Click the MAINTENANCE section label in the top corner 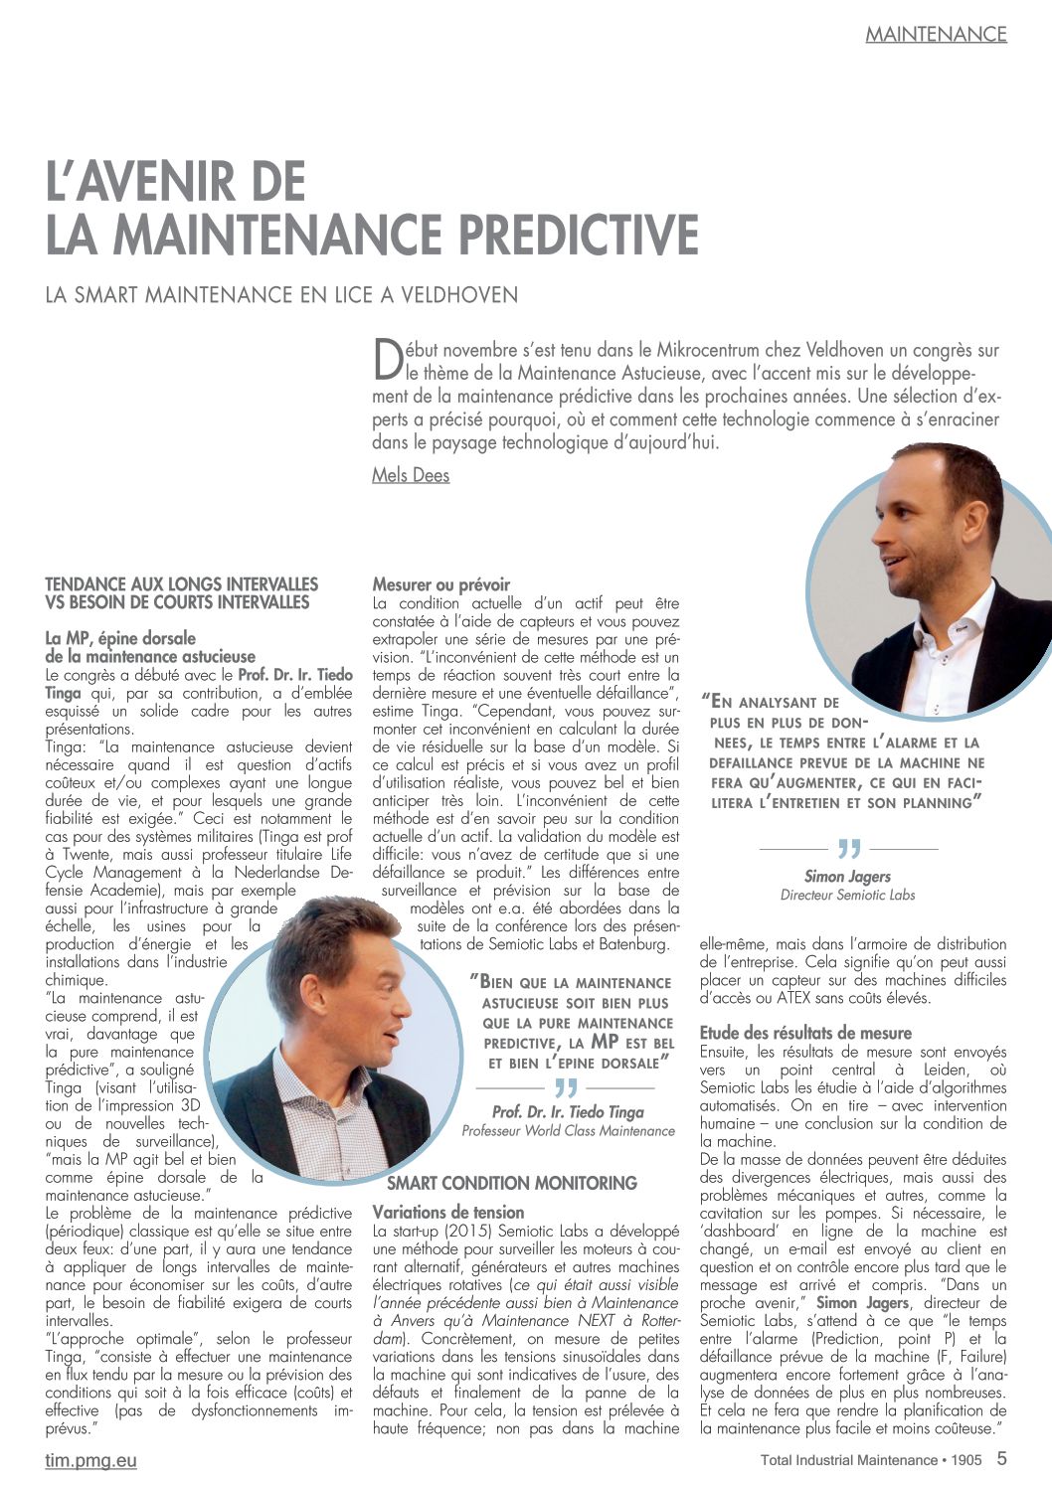click(936, 34)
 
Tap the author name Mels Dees click(411, 475)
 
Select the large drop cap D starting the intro click(386, 360)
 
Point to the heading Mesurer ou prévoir click(440, 584)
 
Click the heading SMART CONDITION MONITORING click(511, 1183)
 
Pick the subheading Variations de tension click(448, 1212)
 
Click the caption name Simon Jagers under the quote click(847, 877)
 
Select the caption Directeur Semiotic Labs click(847, 895)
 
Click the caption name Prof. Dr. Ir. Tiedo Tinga click(568, 1112)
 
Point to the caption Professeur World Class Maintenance click(568, 1130)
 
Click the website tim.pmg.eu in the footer click(90, 1460)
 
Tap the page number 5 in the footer click(1001, 1458)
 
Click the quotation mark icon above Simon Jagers click(848, 849)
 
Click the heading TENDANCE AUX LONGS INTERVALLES click(181, 584)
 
